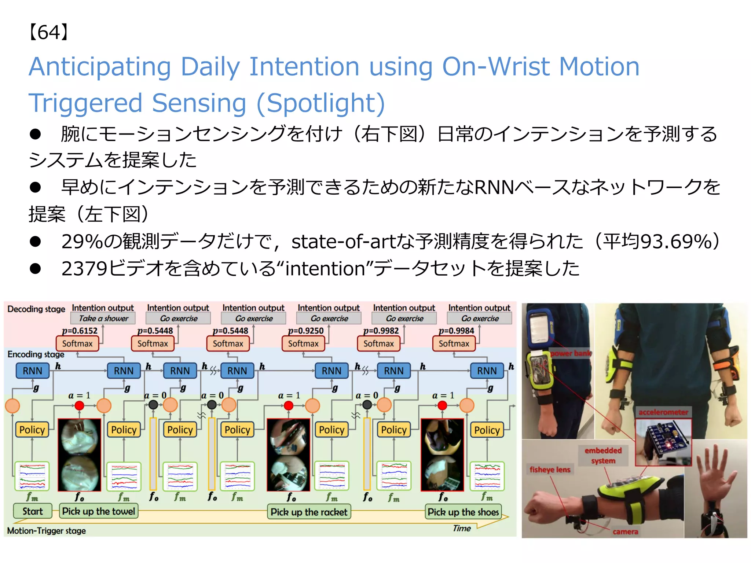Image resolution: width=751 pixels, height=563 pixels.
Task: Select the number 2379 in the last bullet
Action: tap(84, 269)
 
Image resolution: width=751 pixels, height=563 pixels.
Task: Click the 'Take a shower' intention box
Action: tap(103, 318)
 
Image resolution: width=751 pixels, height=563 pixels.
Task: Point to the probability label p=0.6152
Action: tap(80, 331)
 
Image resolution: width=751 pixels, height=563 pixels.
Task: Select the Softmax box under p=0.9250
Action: tap(303, 344)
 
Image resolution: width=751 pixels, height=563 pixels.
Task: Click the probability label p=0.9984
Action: tap(457, 331)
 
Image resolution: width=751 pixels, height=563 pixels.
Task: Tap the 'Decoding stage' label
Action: tap(36, 309)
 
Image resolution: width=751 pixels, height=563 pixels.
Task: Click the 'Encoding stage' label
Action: tap(36, 354)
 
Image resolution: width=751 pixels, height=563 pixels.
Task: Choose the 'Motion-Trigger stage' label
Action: tap(47, 531)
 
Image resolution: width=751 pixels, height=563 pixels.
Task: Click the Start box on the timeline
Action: tap(33, 511)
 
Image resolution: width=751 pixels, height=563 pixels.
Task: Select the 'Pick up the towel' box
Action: tap(99, 511)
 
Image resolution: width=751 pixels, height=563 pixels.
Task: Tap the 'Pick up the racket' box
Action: tap(309, 512)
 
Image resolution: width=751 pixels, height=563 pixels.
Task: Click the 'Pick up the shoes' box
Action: tap(463, 512)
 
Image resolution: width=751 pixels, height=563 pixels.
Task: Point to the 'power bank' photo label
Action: tap(571, 353)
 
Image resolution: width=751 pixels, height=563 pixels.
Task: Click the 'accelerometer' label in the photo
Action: tap(663, 412)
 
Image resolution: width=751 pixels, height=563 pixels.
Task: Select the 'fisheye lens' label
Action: tap(550, 470)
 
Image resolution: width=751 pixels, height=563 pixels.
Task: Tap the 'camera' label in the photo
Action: tap(625, 531)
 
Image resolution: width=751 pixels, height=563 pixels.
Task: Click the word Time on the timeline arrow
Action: tap(462, 528)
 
